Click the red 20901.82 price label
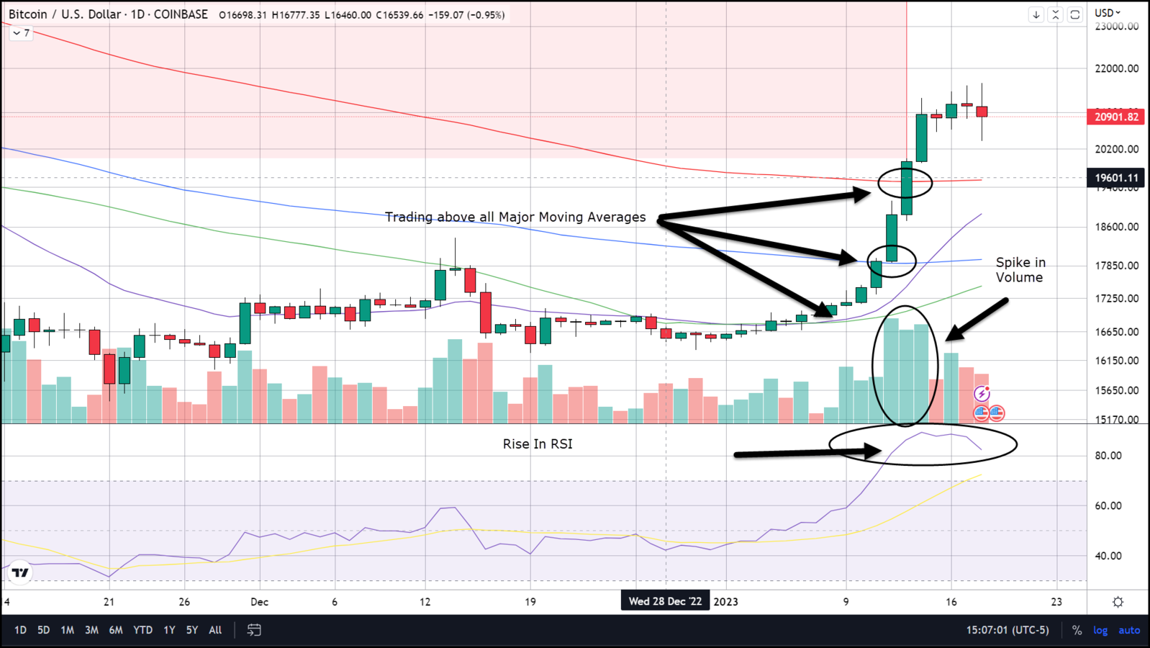pyautogui.click(x=1116, y=117)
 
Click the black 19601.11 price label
pyautogui.click(x=1116, y=178)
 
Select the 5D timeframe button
pyautogui.click(x=43, y=630)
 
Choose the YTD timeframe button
pyautogui.click(x=142, y=630)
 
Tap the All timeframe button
pyautogui.click(x=215, y=630)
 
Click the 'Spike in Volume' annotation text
pyautogui.click(x=1020, y=270)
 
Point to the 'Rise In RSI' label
pyautogui.click(x=538, y=444)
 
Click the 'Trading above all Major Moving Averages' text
pyautogui.click(x=515, y=217)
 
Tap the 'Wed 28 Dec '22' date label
pyautogui.click(x=665, y=601)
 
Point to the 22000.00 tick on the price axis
pyautogui.click(x=1117, y=68)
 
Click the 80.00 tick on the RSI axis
pyautogui.click(x=1108, y=455)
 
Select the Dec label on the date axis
pyautogui.click(x=259, y=602)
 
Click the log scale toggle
pyautogui.click(x=1100, y=630)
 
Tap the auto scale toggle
pyautogui.click(x=1129, y=630)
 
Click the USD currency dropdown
pyautogui.click(x=1108, y=13)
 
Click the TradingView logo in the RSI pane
pyautogui.click(x=20, y=572)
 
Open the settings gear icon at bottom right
pyautogui.click(x=1118, y=602)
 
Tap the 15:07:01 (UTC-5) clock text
pyautogui.click(x=1008, y=630)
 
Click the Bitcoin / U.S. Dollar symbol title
pyautogui.click(x=108, y=14)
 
